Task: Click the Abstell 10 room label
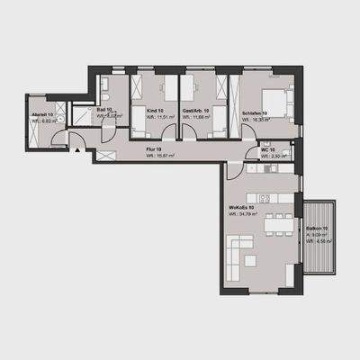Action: pyautogui.click(x=42, y=115)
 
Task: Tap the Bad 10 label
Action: pyautogui.click(x=104, y=109)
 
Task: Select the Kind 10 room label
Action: pyautogui.click(x=154, y=110)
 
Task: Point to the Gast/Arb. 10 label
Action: pyautogui.click(x=194, y=110)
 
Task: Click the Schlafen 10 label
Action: pyautogui.click(x=255, y=112)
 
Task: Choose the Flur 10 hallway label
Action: pyautogui.click(x=153, y=149)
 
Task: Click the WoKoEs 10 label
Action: pyautogui.click(x=242, y=208)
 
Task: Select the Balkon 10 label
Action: pyautogui.click(x=316, y=229)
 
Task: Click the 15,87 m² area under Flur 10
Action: pyautogui.click(x=160, y=156)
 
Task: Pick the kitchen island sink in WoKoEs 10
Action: pyautogui.click(x=266, y=196)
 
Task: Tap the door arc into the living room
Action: pyautogui.click(x=234, y=170)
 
